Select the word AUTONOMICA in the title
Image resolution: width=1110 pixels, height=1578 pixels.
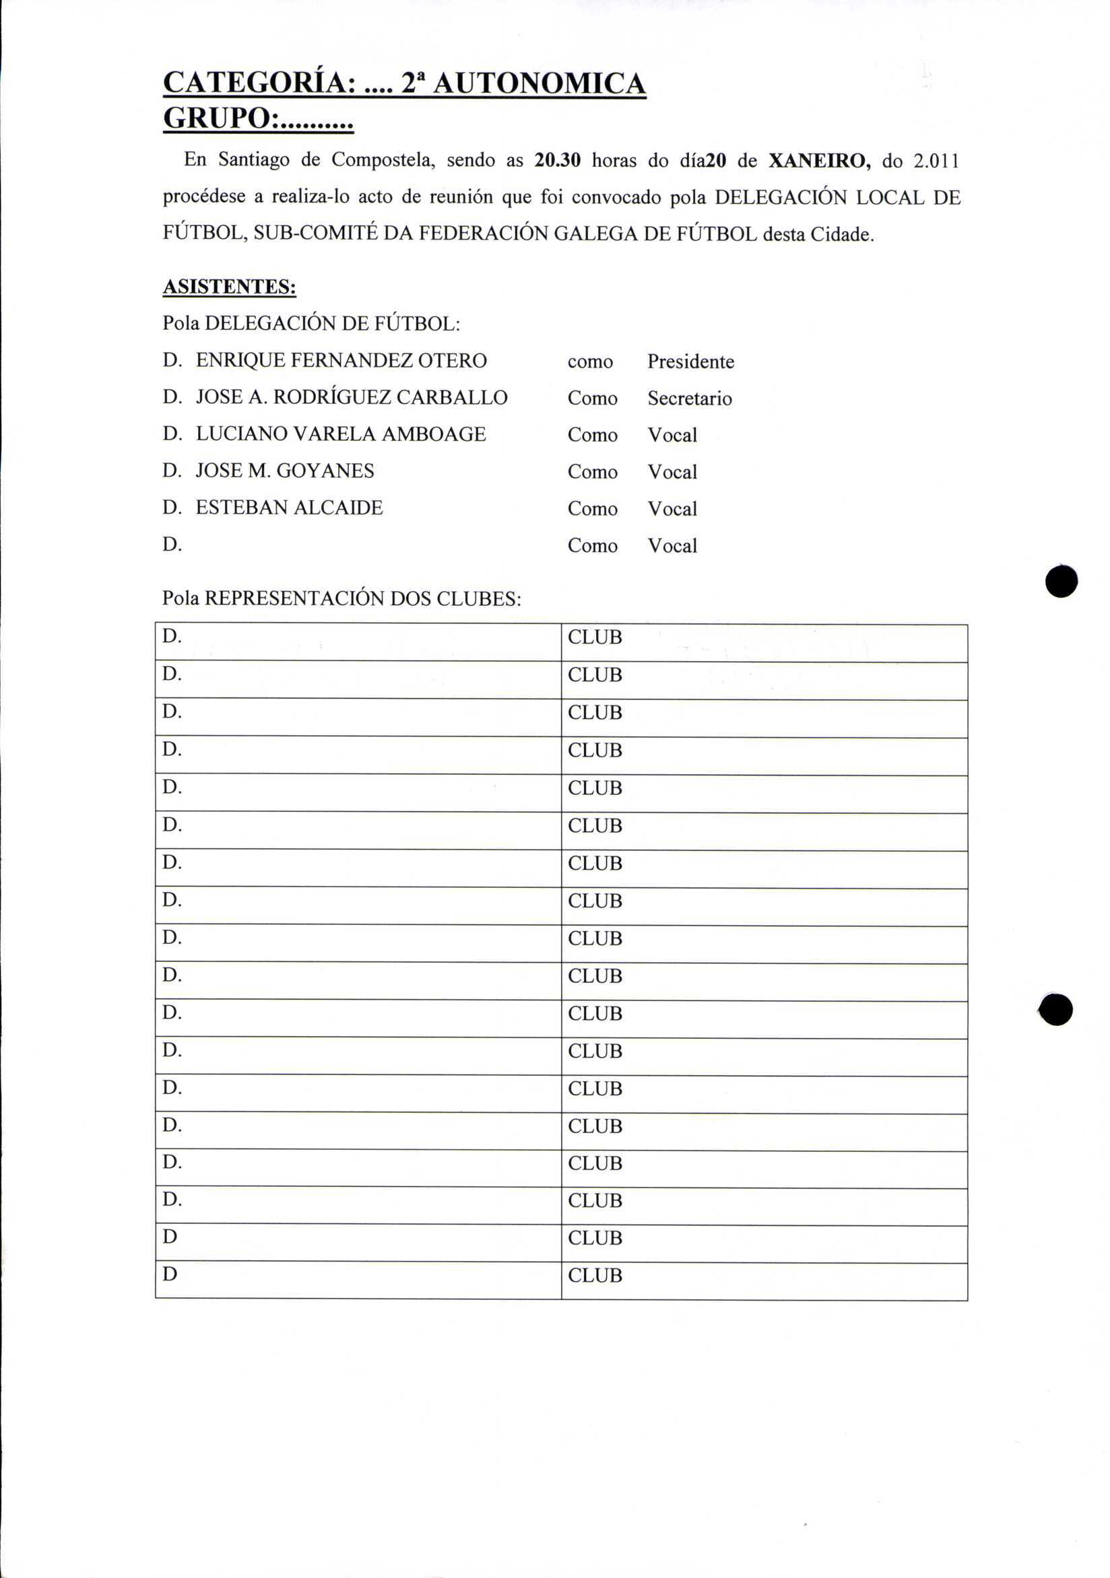coord(540,83)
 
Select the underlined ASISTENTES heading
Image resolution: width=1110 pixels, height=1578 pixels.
coord(229,287)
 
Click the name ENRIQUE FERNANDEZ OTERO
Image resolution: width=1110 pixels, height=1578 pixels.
coord(341,360)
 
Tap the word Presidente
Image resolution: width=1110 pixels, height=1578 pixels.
coord(690,362)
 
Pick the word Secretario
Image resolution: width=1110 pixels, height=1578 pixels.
coord(689,399)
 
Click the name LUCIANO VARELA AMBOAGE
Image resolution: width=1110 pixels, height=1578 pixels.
coord(340,434)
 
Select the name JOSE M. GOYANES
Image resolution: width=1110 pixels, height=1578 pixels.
coord(285,471)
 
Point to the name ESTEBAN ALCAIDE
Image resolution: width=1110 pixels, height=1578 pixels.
coord(289,507)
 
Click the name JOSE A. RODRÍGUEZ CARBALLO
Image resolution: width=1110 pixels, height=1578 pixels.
coord(352,397)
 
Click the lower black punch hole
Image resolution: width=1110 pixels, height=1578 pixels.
coord(1055,1010)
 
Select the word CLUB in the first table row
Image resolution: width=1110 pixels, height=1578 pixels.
coord(594,638)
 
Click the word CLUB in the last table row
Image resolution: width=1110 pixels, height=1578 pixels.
coord(594,1276)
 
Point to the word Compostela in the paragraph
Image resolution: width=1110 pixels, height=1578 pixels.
coord(383,160)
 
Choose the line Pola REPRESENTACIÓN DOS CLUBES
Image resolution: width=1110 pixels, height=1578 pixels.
coord(341,598)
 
